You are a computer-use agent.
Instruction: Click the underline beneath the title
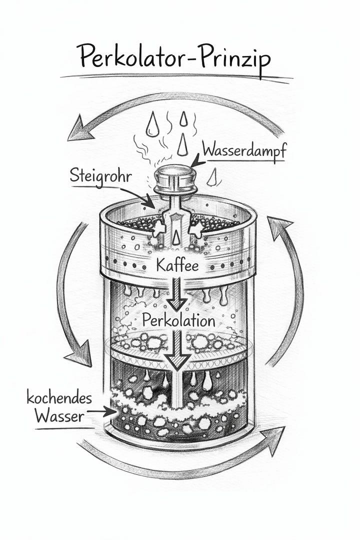pos(175,78)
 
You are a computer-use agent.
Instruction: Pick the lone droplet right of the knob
pos(214,175)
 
